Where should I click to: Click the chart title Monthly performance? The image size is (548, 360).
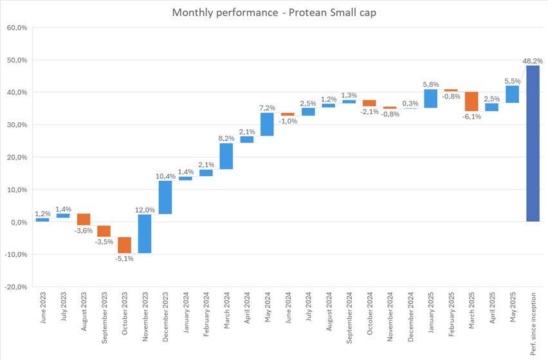(274, 12)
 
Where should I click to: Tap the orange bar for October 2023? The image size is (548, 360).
(124, 245)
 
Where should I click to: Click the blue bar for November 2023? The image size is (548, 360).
(145, 233)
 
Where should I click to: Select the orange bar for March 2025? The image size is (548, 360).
(471, 102)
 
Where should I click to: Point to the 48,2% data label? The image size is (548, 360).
(533, 61)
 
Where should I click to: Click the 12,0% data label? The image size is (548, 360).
(145, 210)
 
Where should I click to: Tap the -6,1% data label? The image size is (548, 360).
(471, 116)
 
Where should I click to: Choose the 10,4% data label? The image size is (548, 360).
(165, 176)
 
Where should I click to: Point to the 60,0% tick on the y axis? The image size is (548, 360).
(16, 28)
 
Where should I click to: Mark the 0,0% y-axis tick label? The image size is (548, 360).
(17, 222)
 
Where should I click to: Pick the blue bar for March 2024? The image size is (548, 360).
(226, 156)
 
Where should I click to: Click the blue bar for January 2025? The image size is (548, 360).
(431, 98)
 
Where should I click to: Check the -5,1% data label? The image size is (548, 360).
(124, 258)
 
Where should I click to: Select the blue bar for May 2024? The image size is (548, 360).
(267, 124)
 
